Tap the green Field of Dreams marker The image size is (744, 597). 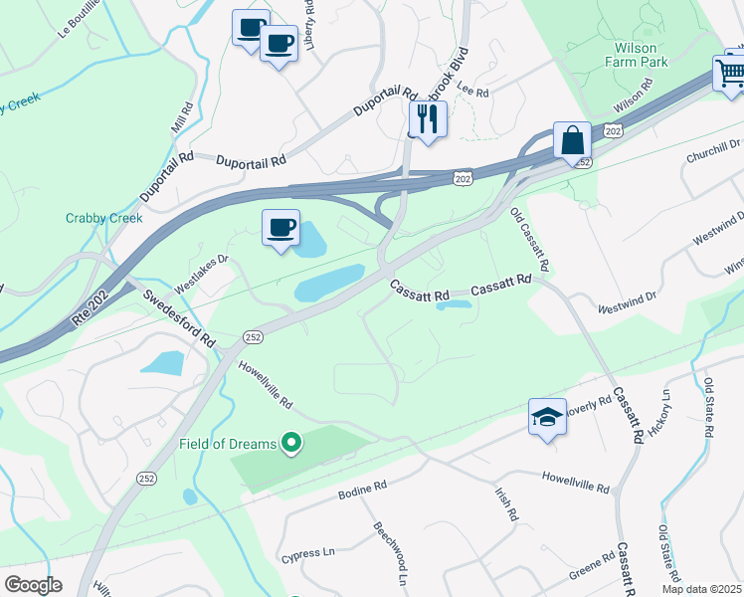[x=291, y=443]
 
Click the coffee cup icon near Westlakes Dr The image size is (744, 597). [x=280, y=228]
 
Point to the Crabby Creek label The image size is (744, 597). [x=104, y=218]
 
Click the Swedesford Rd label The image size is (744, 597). [x=179, y=317]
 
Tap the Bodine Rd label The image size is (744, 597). [x=361, y=490]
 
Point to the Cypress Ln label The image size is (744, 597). [x=306, y=553]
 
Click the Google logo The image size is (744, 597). [x=33, y=584]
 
